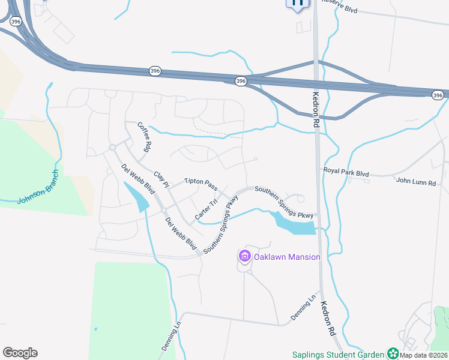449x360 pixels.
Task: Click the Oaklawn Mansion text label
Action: [287, 257]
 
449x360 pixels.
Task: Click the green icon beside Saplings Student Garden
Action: [393, 353]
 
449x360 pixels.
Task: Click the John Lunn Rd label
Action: [415, 181]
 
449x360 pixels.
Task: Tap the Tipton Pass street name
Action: [200, 181]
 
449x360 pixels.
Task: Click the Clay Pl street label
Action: [160, 179]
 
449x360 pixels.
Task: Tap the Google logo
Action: [20, 353]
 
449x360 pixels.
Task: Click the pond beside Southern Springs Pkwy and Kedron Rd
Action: [295, 224]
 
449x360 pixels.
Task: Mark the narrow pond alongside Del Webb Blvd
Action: [137, 197]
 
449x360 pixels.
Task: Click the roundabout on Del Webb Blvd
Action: [112, 148]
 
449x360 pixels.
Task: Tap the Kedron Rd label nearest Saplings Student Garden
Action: [328, 317]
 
